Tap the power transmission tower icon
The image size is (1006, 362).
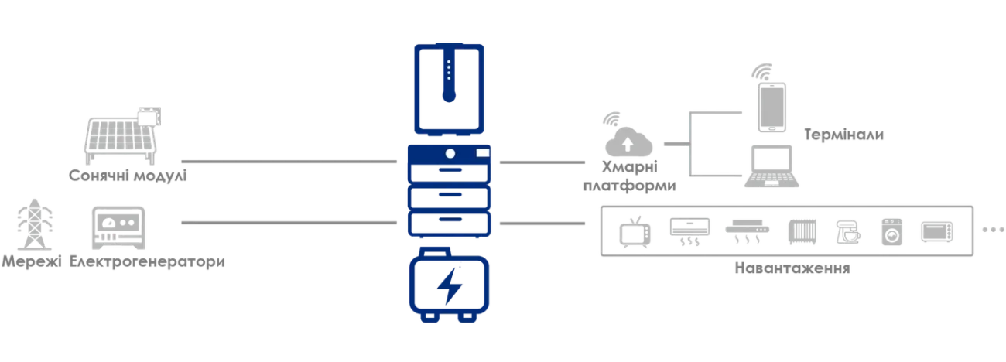[x=31, y=225]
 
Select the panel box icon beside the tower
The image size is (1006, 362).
[x=118, y=227]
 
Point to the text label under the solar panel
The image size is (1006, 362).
[x=128, y=176]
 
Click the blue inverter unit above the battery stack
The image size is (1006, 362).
[x=450, y=90]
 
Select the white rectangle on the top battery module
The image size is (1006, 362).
[x=483, y=153]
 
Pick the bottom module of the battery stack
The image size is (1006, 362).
[x=450, y=227]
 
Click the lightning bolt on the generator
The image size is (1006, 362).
[x=448, y=289]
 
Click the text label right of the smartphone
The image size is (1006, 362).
[x=844, y=135]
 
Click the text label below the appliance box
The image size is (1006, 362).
[x=792, y=270]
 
